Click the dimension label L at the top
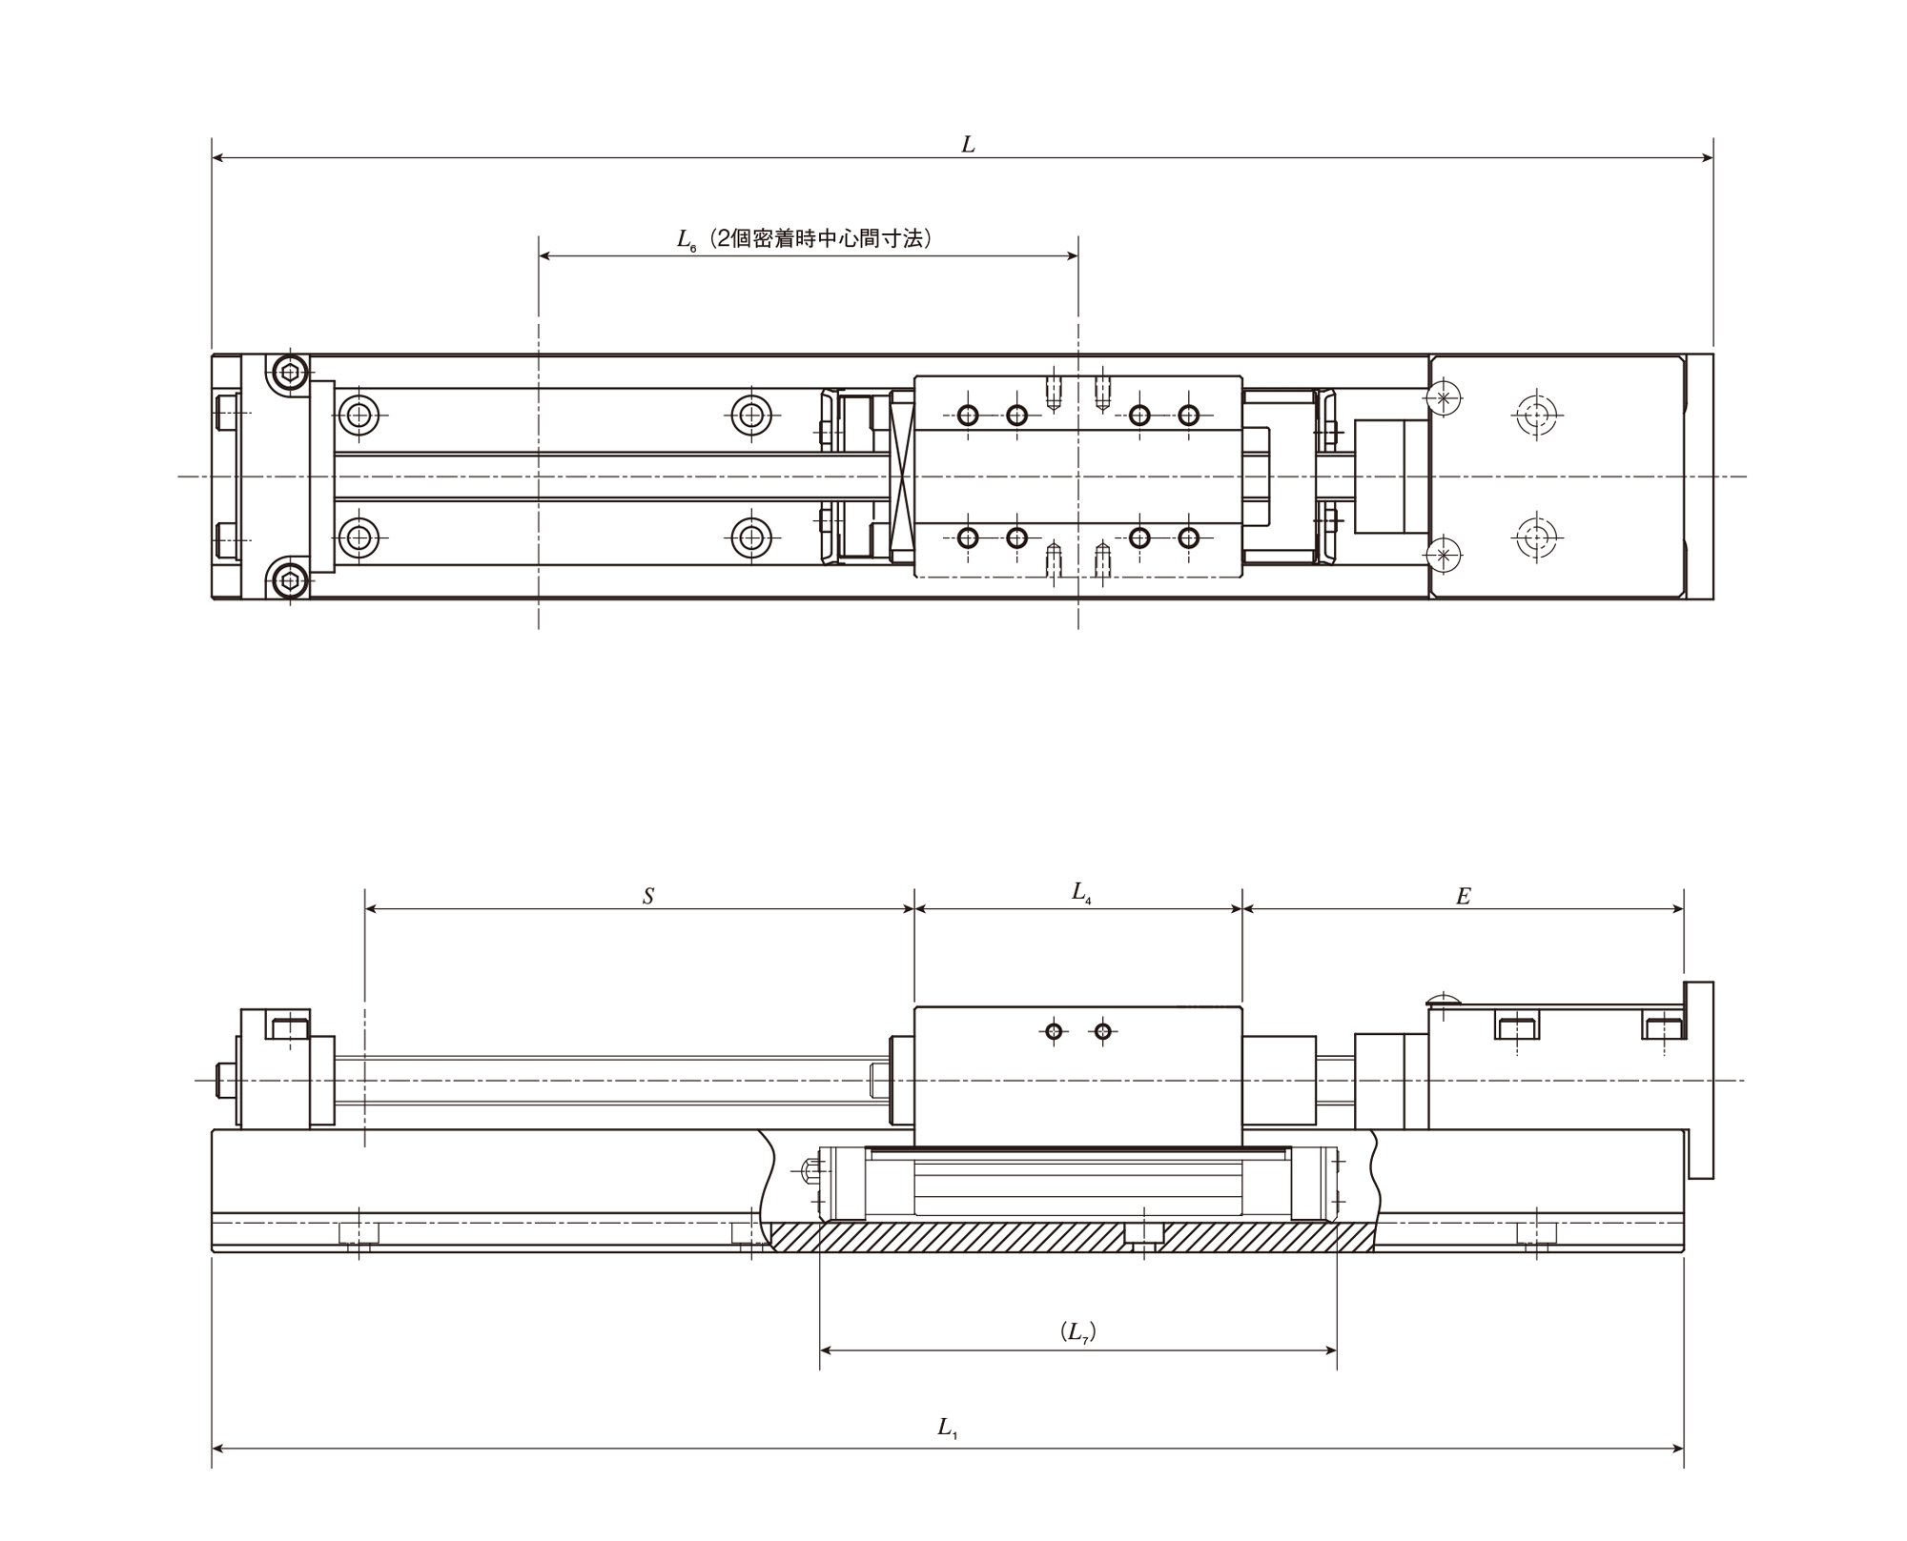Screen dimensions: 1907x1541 (968, 145)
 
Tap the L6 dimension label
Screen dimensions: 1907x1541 (687, 240)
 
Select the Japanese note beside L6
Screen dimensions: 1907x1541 (821, 238)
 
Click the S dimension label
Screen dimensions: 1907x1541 (648, 897)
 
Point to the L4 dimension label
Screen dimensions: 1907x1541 (1081, 893)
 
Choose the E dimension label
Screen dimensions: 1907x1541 (1464, 897)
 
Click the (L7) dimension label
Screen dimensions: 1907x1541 (1077, 1332)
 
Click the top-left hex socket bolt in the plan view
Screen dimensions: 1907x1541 (289, 373)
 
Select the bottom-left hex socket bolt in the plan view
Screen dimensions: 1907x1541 (289, 579)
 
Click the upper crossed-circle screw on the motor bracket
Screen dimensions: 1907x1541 (1444, 397)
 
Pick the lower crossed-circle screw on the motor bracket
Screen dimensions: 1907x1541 (1444, 555)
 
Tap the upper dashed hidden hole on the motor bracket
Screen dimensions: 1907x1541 (1535, 416)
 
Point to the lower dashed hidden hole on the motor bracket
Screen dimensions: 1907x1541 (1535, 538)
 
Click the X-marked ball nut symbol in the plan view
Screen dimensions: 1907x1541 (902, 476)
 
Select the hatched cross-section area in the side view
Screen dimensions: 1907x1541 (1073, 1237)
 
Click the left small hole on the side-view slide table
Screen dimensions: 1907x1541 (1054, 1031)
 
